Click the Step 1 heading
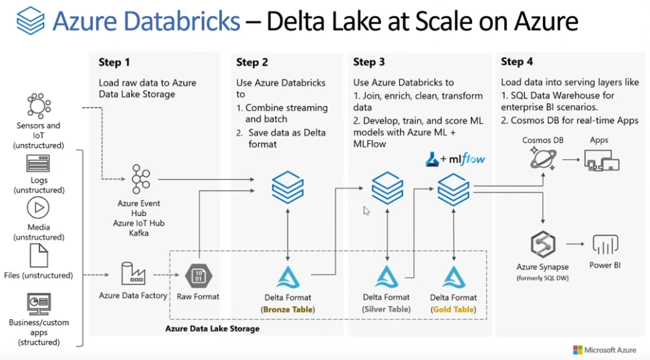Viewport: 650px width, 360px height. pyautogui.click(x=114, y=62)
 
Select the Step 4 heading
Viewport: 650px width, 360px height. pyautogui.click(x=517, y=62)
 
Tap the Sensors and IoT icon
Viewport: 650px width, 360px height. pyautogui.click(x=38, y=106)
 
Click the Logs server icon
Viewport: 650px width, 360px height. pyautogui.click(x=38, y=164)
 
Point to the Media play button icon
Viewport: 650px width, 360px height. pyautogui.click(x=38, y=208)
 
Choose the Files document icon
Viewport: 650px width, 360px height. pyautogui.click(x=38, y=256)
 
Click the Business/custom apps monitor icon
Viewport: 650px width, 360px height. pyautogui.click(x=38, y=303)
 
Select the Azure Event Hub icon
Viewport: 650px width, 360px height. pyautogui.click(x=141, y=179)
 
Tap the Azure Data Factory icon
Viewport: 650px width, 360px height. pyautogui.click(x=132, y=274)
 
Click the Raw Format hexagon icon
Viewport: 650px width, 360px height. pyautogui.click(x=198, y=274)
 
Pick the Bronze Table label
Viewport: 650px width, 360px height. pyautogui.click(x=288, y=309)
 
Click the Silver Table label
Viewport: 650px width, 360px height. pyautogui.click(x=386, y=309)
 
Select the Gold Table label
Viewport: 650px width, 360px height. pyautogui.click(x=453, y=309)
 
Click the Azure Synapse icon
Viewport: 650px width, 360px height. pyautogui.click(x=542, y=246)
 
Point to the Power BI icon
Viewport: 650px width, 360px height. pyautogui.click(x=605, y=244)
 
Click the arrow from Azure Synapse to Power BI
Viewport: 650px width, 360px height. pyautogui.click(x=576, y=246)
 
